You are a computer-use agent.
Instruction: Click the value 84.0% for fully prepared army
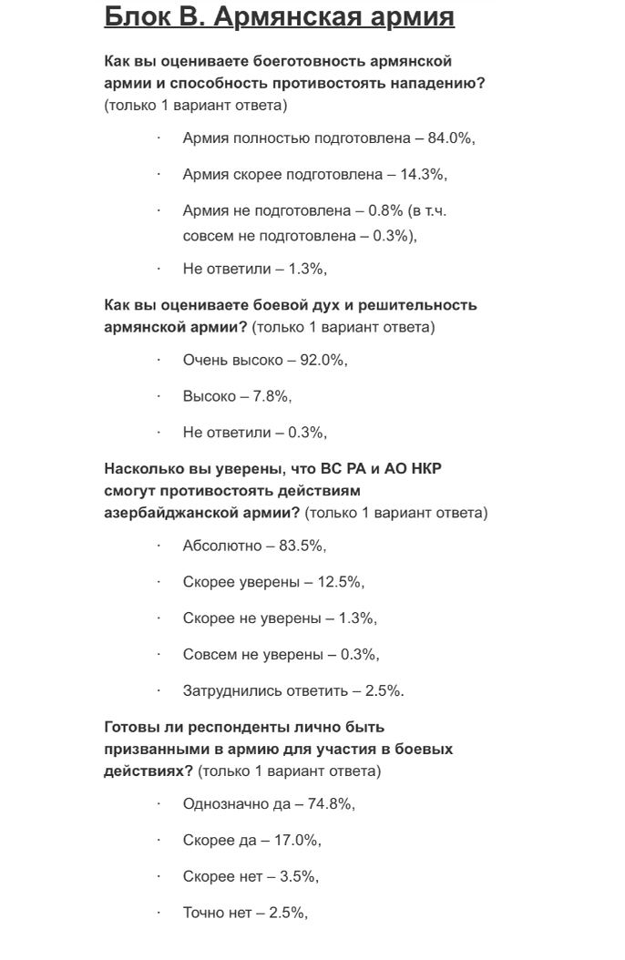(x=450, y=138)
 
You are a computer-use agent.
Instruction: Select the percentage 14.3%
(x=422, y=174)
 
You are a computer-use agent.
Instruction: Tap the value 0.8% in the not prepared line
(x=385, y=210)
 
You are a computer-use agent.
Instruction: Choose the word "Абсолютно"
(x=222, y=546)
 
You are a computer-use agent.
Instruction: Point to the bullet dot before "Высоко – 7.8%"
(x=159, y=396)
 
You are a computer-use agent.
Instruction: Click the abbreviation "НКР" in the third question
(x=425, y=469)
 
